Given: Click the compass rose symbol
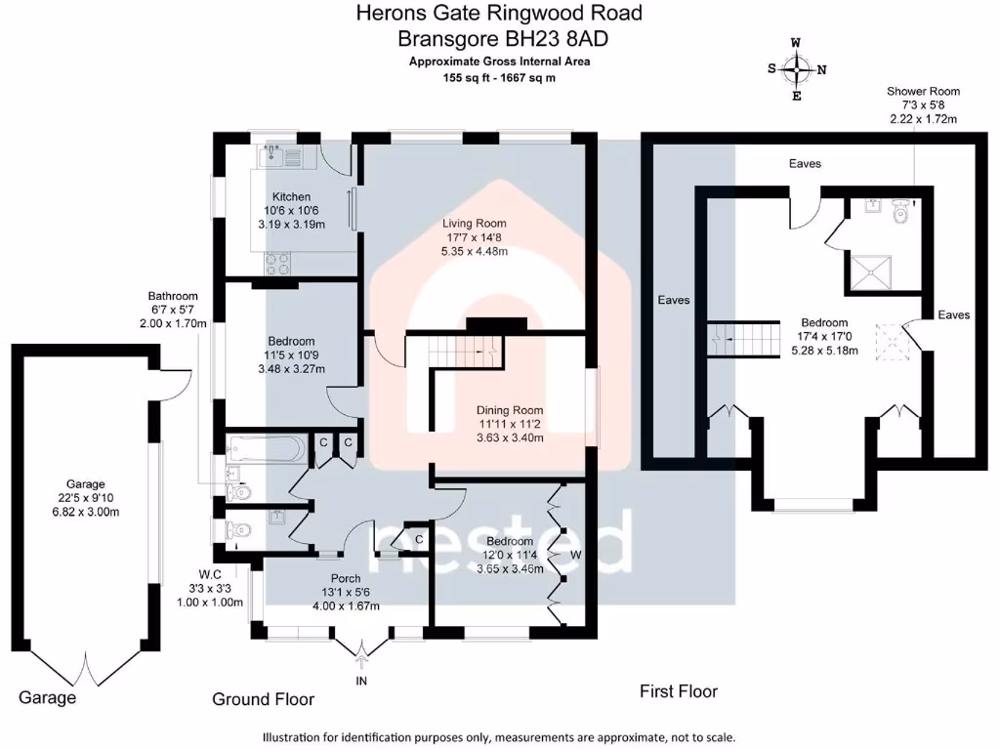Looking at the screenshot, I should pos(797,69).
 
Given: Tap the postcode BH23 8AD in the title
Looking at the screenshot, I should pos(567,39).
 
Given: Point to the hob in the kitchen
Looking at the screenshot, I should pos(275,262).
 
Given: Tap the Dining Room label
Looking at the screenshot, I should pos(510,410).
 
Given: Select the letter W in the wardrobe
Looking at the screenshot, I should pos(577,555).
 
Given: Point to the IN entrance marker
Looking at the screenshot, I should pos(361,680).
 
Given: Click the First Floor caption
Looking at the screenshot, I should pos(679,691).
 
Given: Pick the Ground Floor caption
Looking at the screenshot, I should pos(264,699).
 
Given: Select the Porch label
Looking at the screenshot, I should pos(347,577).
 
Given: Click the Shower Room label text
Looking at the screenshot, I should pos(922,91).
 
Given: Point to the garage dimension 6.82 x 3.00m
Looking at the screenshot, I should pos(85,512).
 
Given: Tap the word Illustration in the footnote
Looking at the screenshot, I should pos(296,737).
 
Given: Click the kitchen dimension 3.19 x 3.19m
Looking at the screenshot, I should pos(290,224).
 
